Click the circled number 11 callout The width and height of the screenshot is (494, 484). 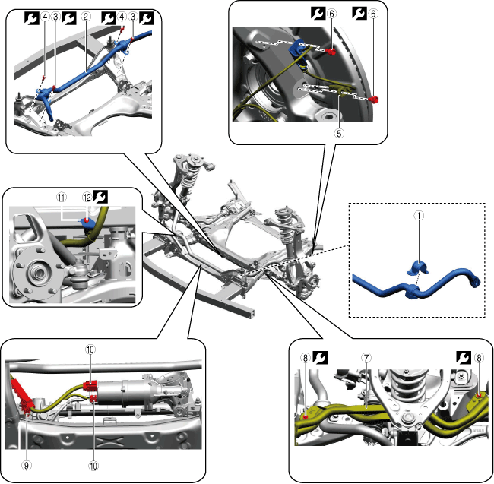click(x=60, y=195)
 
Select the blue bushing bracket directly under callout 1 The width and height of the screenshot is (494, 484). click(x=416, y=268)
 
